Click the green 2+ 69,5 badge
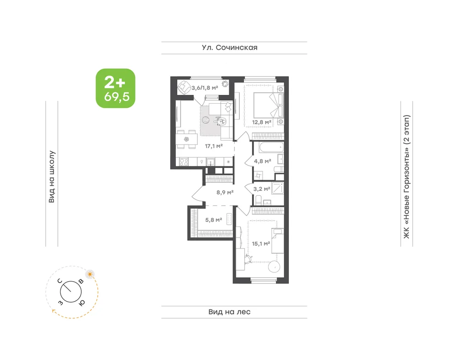116,89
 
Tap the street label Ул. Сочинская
229,47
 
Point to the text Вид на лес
229,312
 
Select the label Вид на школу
51,177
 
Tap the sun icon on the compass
90,274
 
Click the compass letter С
60,281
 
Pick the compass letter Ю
82,303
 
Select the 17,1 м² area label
214,146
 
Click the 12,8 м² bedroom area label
262,122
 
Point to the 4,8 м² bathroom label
262,161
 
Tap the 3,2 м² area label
262,189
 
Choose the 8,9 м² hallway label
225,193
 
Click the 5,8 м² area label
213,220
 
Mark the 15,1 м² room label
261,244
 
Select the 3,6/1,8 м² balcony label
205,88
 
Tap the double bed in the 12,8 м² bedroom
269,107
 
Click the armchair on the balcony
184,87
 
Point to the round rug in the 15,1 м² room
274,267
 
